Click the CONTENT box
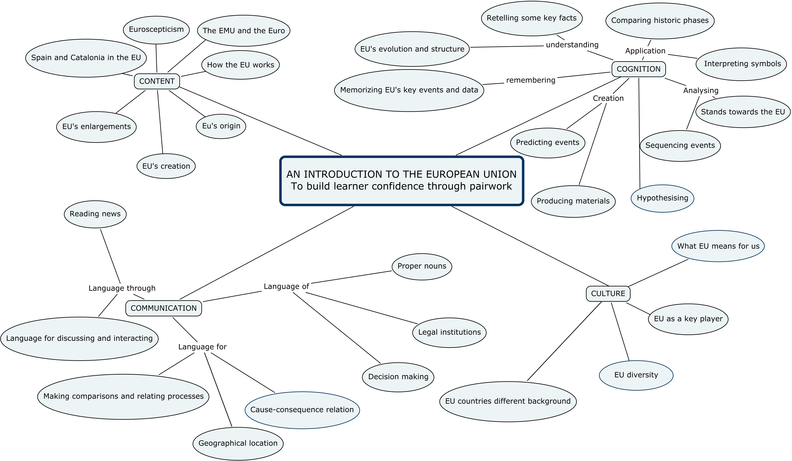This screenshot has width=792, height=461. coord(157,81)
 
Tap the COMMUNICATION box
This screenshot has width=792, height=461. coord(163,308)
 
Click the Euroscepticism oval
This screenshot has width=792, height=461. coord(156,29)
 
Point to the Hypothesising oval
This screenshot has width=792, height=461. coord(662,198)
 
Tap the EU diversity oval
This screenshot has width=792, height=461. coord(636,375)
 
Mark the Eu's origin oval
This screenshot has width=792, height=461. coord(221,126)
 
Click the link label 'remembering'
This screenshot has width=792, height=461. coord(531,80)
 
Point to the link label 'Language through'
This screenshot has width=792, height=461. coord(122,288)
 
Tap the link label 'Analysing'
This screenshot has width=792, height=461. coord(701,91)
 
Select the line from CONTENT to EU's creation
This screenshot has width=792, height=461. coord(160,122)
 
